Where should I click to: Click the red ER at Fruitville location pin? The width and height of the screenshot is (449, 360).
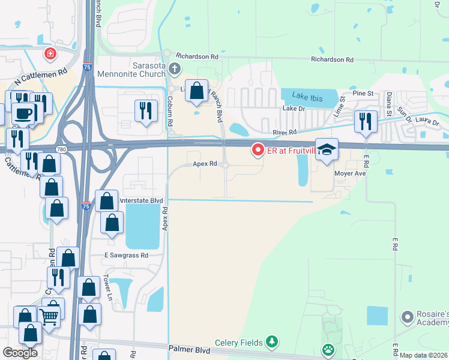[258, 149]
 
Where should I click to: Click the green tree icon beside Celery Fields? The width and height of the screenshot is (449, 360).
[272, 342]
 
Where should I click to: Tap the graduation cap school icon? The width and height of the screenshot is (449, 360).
[327, 149]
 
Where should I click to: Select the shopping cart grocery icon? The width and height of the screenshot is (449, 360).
[49, 314]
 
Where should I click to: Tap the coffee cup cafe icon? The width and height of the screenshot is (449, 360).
[23, 112]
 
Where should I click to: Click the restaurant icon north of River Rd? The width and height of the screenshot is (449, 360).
[366, 121]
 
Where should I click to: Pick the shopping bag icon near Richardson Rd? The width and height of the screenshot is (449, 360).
[196, 91]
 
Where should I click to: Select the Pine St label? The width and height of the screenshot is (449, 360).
[363, 94]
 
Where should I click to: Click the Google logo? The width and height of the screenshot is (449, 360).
[20, 353]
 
